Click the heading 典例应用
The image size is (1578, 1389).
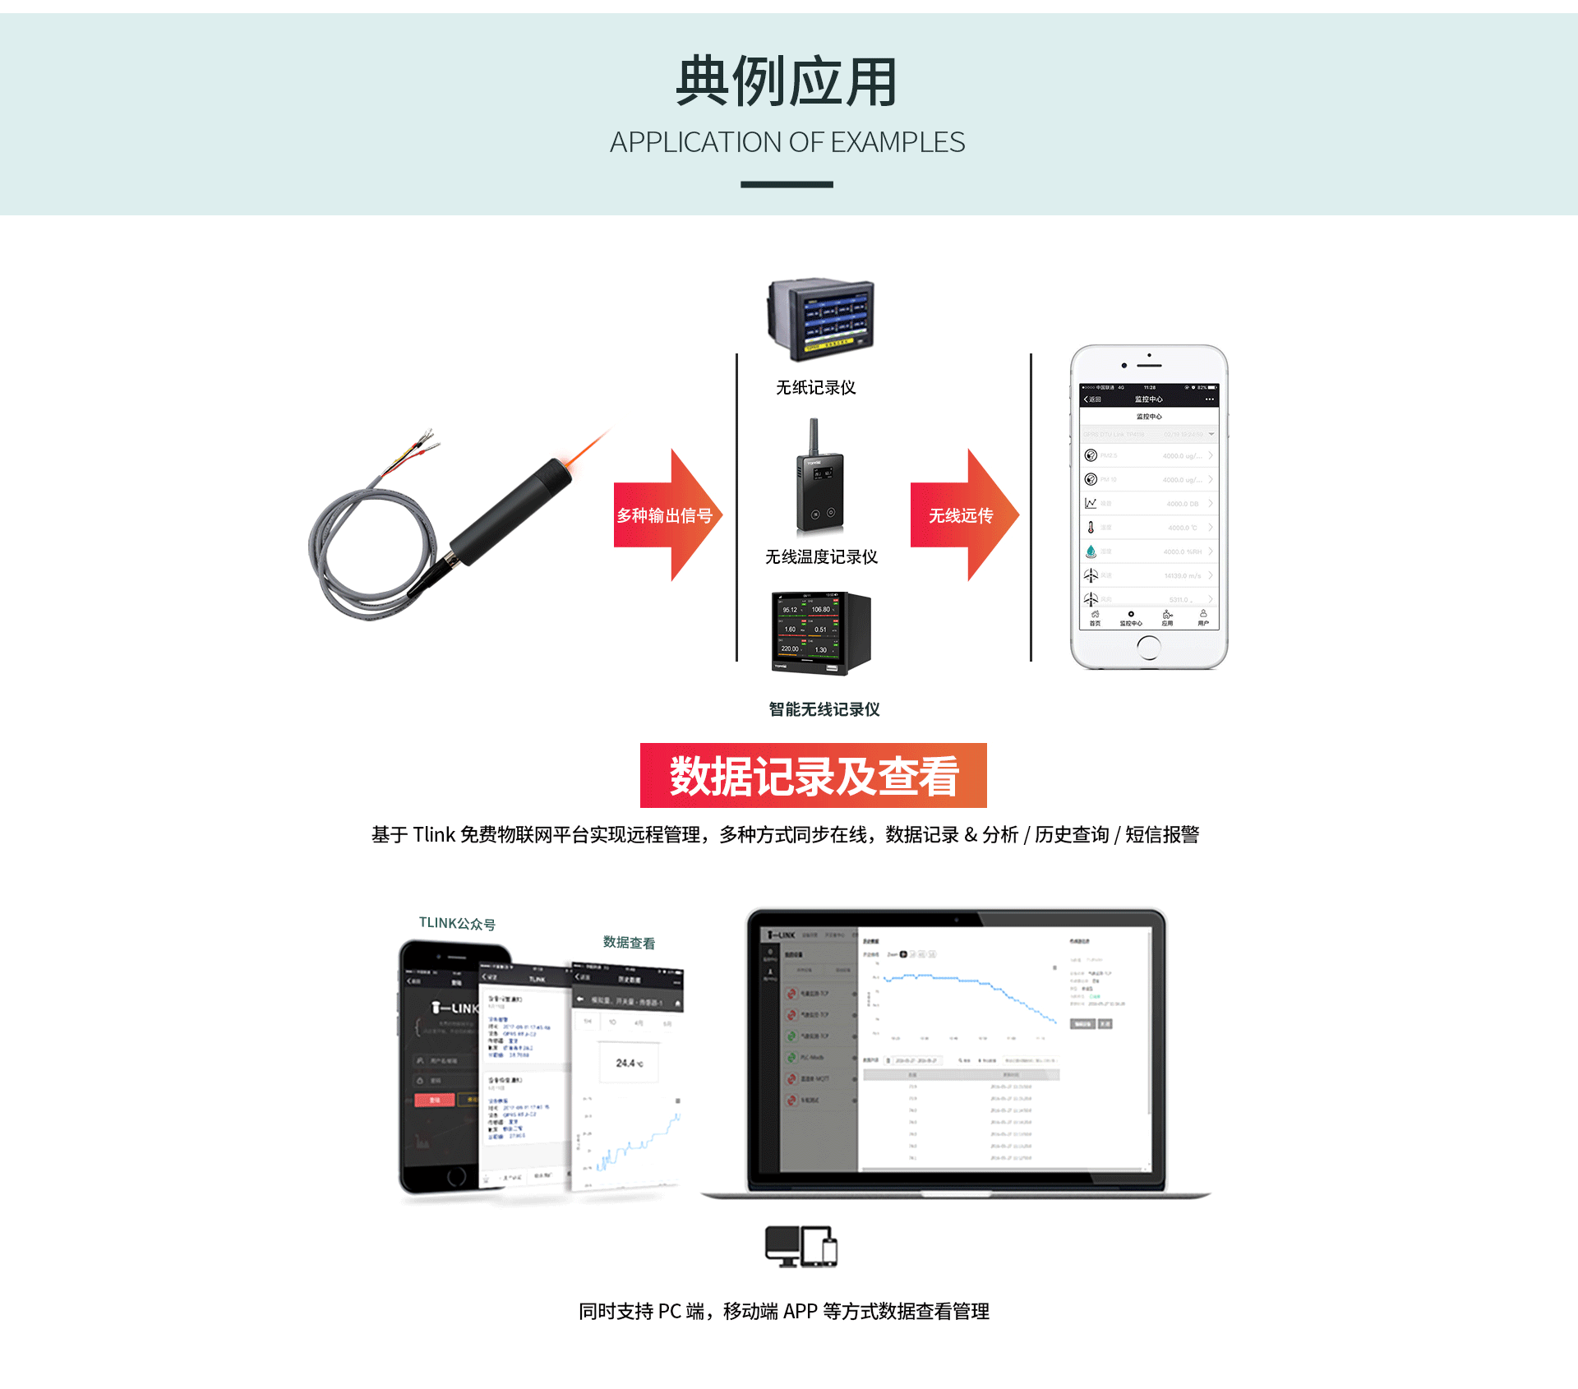click(x=787, y=82)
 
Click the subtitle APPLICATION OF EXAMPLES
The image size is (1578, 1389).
click(x=787, y=142)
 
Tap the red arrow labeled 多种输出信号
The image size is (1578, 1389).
click(x=666, y=515)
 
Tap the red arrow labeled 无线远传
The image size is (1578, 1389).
click(x=962, y=515)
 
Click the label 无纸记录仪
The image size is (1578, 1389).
click(x=815, y=387)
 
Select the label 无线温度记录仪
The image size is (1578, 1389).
click(x=821, y=556)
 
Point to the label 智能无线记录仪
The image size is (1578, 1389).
click(x=824, y=708)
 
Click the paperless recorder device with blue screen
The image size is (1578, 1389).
click(x=820, y=319)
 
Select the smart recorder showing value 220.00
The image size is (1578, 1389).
click(x=819, y=633)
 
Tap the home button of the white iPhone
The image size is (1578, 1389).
click(x=1148, y=648)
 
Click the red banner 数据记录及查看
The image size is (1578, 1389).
click(x=813, y=775)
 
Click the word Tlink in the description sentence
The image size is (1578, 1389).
click(x=433, y=835)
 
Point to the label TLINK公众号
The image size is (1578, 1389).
click(x=457, y=923)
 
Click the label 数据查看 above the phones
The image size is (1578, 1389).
click(x=629, y=942)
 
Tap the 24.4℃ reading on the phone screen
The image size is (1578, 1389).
click(x=629, y=1063)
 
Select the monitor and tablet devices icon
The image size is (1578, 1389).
click(x=801, y=1246)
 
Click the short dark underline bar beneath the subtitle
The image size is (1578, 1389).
click(x=787, y=185)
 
